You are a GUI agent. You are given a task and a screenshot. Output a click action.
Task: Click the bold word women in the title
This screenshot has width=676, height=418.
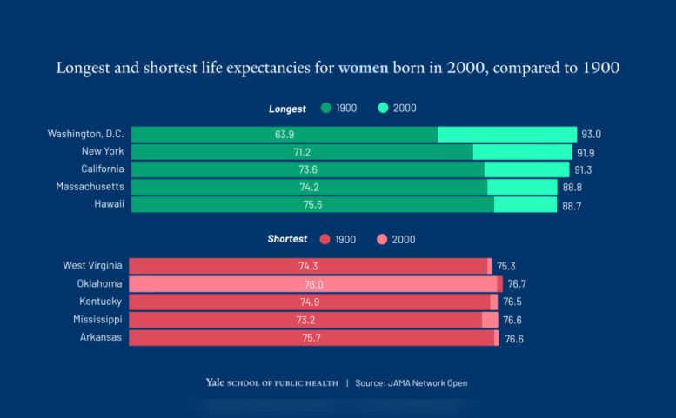click(363, 68)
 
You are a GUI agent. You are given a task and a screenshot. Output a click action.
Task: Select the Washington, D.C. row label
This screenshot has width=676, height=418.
click(85, 134)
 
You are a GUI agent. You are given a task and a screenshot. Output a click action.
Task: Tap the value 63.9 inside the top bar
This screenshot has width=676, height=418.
click(284, 135)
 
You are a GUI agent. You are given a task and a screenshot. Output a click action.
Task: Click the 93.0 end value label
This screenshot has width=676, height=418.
click(592, 135)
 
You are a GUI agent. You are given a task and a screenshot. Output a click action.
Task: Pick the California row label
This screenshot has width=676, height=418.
click(102, 169)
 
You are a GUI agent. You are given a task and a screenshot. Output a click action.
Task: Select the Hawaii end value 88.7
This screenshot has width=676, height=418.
click(572, 205)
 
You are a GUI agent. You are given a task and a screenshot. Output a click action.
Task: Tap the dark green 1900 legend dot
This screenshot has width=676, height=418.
click(325, 109)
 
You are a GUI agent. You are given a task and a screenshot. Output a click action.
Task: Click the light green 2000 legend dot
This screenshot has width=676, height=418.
click(383, 109)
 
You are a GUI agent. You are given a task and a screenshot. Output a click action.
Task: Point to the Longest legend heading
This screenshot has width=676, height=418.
click(287, 109)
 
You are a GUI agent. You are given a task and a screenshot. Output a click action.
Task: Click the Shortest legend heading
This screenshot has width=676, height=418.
click(287, 239)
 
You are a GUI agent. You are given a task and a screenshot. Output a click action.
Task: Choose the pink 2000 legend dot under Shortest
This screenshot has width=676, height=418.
click(382, 240)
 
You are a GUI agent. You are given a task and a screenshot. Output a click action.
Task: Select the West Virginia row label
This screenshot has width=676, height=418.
click(92, 265)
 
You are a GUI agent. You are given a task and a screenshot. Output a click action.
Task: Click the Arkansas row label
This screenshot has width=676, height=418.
click(101, 337)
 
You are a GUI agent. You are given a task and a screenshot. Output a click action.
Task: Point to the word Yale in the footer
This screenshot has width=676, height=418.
click(215, 382)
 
